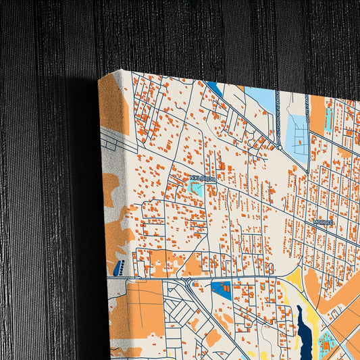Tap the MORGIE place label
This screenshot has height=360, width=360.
tap(323, 222)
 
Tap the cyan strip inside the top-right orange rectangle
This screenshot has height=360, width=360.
tap(328, 119)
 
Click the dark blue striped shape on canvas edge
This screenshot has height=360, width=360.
tap(120, 267)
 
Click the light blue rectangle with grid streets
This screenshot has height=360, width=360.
tap(297, 134)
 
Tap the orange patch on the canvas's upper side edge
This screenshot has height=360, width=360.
tap(113, 108)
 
